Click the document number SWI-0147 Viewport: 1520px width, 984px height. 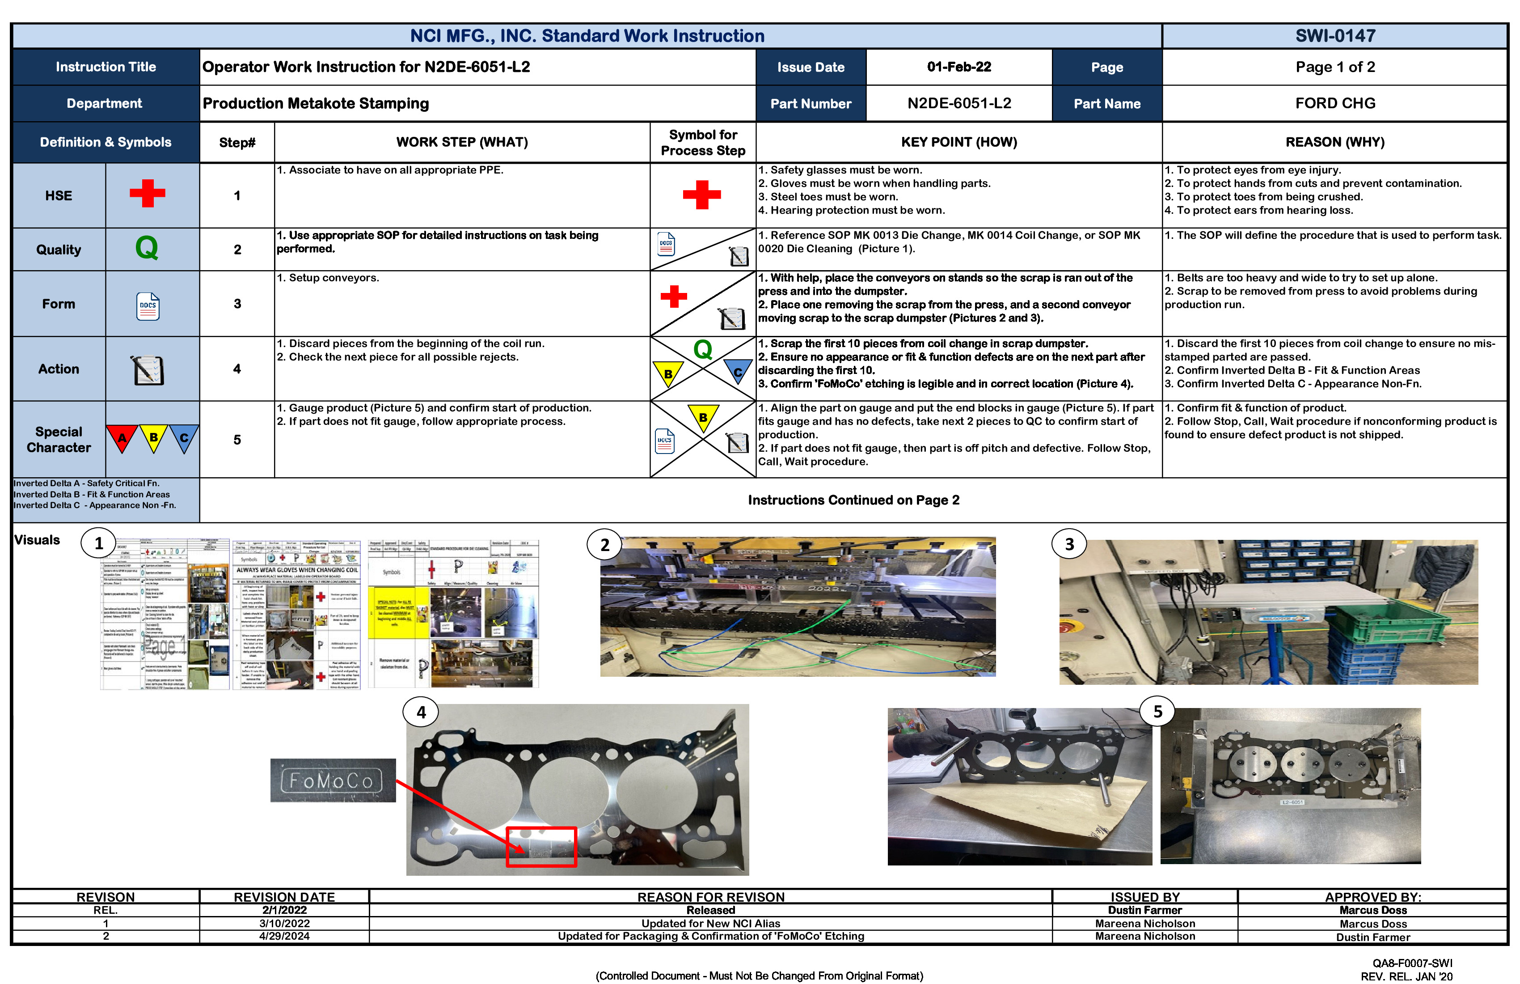coord(1335,36)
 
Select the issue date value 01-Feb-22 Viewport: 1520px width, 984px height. coord(958,67)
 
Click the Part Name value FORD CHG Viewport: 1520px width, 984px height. coord(1335,103)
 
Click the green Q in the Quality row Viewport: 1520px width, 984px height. coord(147,248)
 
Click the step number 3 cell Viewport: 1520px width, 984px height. coord(237,304)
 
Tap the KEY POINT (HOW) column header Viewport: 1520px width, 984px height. coord(958,142)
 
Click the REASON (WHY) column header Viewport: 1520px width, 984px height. coord(1335,142)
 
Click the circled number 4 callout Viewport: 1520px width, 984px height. coord(421,712)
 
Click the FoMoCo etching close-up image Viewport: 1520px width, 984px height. coord(333,780)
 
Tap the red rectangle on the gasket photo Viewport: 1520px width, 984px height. coord(541,847)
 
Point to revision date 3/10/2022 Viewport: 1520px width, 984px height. coord(284,923)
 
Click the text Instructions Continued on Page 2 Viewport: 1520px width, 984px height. coord(853,500)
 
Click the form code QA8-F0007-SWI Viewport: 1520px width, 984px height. coord(1413,963)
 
